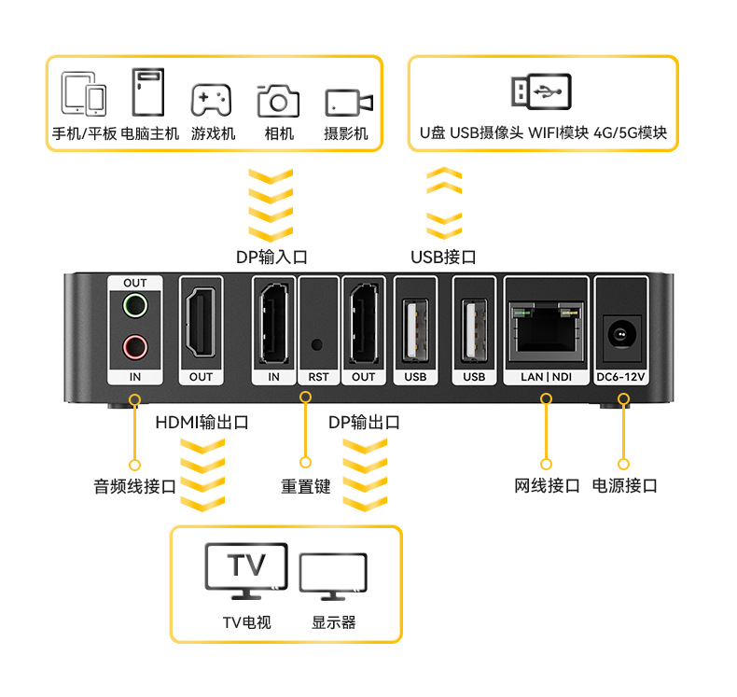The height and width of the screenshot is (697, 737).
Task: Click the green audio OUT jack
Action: [135, 305]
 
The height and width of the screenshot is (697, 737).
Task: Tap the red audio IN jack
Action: [135, 347]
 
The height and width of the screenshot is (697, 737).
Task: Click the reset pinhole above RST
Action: [317, 344]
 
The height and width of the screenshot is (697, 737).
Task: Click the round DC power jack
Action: [621, 335]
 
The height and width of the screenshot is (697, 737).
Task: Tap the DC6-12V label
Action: [621, 377]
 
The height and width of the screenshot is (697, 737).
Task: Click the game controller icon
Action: [212, 100]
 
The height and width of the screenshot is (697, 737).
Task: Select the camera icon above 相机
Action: [278, 100]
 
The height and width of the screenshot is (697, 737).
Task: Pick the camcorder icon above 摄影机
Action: [349, 103]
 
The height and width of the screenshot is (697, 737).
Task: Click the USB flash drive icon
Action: [541, 91]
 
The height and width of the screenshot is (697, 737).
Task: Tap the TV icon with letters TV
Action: [246, 571]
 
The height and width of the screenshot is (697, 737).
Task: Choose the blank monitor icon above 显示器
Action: [333, 577]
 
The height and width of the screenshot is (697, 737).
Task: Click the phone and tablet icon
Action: [84, 93]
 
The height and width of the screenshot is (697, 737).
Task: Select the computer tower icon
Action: [148, 91]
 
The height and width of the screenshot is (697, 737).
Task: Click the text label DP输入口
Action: [271, 258]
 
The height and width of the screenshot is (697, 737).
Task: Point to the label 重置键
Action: [305, 486]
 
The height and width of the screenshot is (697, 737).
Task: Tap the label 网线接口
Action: [547, 485]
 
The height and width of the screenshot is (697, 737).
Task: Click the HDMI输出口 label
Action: [202, 422]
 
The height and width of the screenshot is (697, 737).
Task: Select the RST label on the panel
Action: [318, 377]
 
